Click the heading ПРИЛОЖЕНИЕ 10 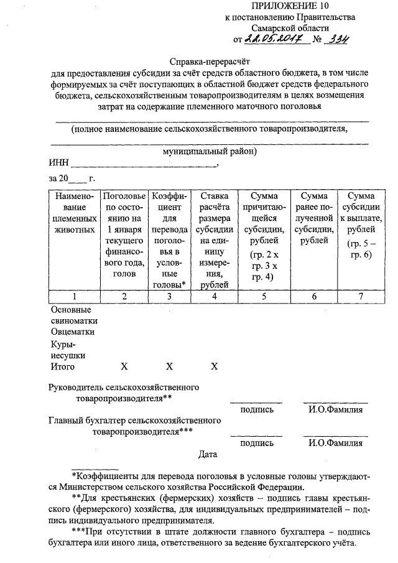(290, 6)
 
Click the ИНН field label (58, 165)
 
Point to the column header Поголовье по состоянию (124, 235)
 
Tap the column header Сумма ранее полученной (314, 218)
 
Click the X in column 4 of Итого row (214, 366)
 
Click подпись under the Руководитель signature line (256, 409)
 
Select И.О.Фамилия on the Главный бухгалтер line (335, 444)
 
